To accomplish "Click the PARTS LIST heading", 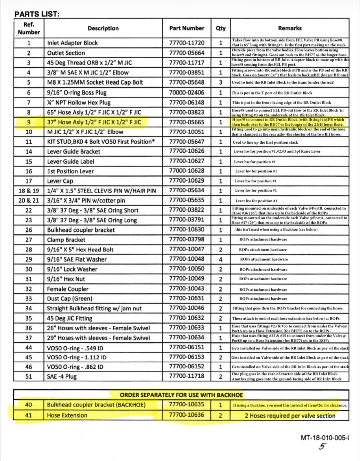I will pos(37,14).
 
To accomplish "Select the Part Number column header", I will pos(187,28).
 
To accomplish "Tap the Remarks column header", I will pos(290,28).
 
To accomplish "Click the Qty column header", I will pos(221,28).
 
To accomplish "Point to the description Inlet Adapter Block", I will pos(72,43).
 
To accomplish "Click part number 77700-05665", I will pos(187,122).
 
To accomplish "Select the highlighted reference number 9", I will pos(29,122).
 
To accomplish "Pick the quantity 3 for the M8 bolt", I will pos(221,82).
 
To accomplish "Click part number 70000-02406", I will pos(187,93).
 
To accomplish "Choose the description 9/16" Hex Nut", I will pos(66,279).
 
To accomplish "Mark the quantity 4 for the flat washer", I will pos(221,259).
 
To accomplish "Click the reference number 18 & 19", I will pos(29,191).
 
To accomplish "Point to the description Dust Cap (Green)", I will pos(70,299).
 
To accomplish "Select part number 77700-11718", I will pos(187,376).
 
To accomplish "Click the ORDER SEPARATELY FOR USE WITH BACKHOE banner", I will pos(181,395).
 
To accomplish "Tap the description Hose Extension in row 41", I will pos(67,415).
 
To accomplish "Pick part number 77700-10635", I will pos(187,405).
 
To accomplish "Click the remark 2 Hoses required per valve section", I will pos(290,416).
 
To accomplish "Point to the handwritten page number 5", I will pos(323,447).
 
